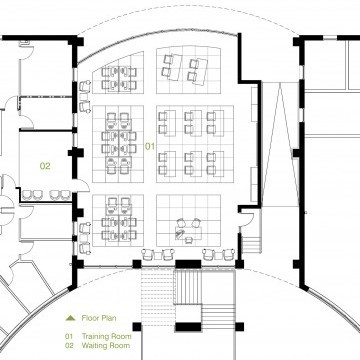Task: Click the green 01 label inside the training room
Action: tap(150, 146)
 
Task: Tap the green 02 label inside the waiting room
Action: tap(45, 166)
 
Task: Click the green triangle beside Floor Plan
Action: tap(71, 318)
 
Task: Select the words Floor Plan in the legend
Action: tap(99, 318)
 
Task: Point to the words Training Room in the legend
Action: tap(107, 336)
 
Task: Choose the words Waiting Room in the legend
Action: tap(106, 345)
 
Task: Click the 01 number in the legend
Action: tap(69, 336)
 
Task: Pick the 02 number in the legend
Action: tap(69, 345)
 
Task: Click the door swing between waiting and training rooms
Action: tap(81, 185)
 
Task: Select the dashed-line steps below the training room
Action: tap(158, 297)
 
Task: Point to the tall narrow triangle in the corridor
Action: tap(281, 143)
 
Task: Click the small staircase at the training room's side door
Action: tap(250, 243)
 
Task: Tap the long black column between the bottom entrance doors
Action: tap(188, 264)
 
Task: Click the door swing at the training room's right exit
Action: tap(247, 218)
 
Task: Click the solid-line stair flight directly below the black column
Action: tap(188, 287)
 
